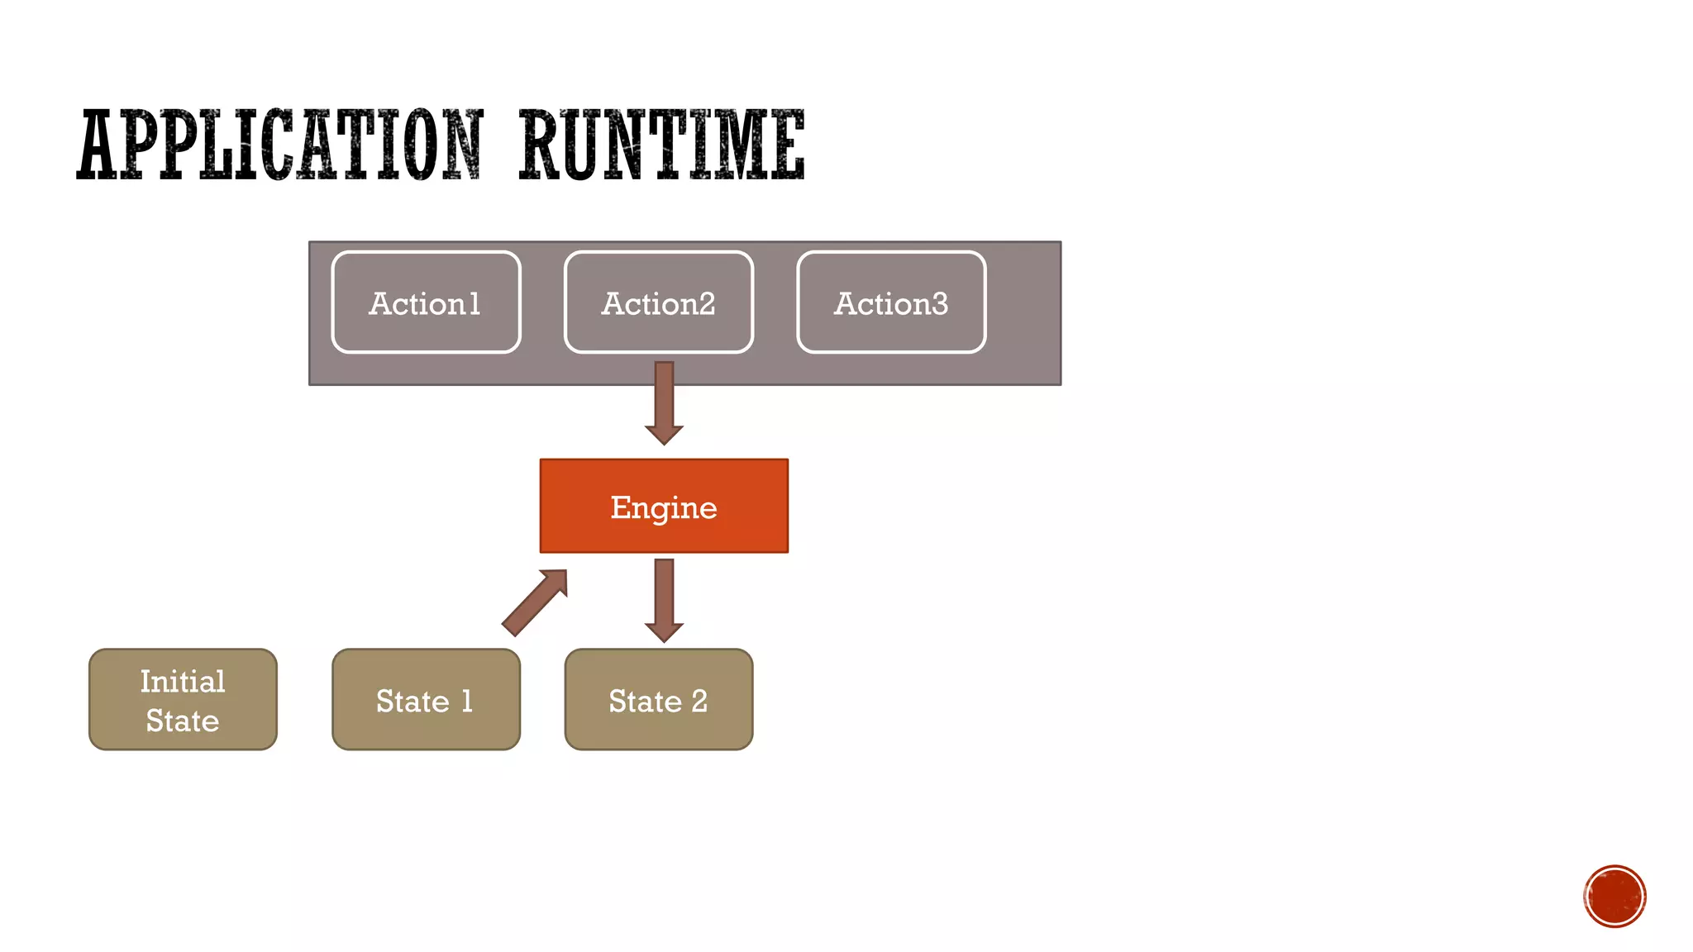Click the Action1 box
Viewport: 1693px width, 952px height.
click(x=426, y=302)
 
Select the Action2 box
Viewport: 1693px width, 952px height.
click(x=658, y=302)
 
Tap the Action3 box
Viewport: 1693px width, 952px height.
click(x=891, y=302)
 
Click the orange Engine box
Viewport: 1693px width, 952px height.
click(x=664, y=506)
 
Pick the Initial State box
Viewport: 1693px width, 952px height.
click(x=183, y=699)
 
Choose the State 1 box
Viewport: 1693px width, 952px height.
click(x=426, y=699)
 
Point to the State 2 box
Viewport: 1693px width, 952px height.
click(x=658, y=699)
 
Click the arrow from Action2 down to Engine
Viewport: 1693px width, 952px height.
click(x=664, y=401)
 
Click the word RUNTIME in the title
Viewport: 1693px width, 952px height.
click(x=661, y=145)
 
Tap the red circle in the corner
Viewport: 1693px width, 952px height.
click(x=1614, y=897)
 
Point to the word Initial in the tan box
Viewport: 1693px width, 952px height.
click(x=183, y=681)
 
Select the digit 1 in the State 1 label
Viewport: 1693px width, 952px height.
click(x=467, y=701)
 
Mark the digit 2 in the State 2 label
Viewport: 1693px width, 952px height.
click(x=699, y=701)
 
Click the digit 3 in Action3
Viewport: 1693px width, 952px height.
click(x=939, y=304)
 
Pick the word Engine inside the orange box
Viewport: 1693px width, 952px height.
click(x=664, y=507)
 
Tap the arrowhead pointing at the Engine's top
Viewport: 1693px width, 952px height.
click(x=664, y=435)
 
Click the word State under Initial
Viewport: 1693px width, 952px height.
click(x=183, y=721)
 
